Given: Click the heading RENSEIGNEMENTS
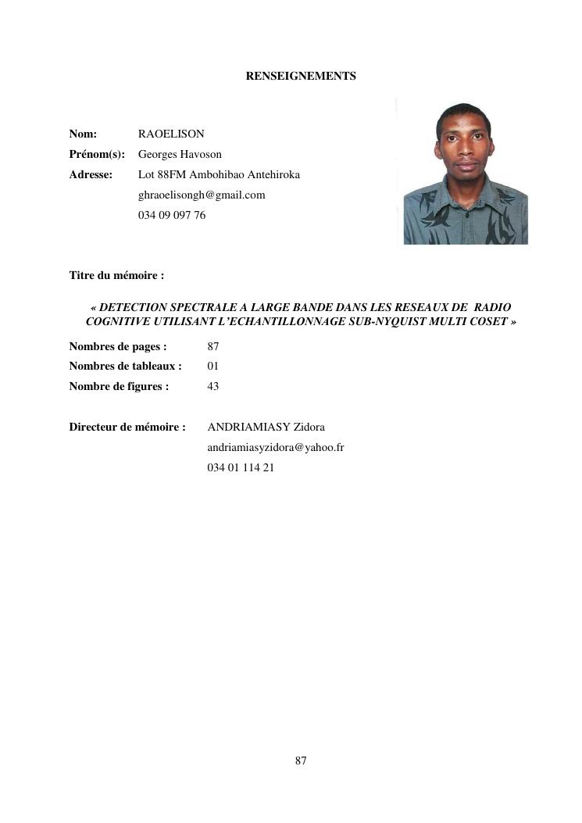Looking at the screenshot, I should click(301, 77).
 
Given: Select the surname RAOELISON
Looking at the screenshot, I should click(171, 134).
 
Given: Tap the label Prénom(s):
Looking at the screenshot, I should click(97, 155).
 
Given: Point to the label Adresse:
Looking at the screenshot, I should click(91, 175).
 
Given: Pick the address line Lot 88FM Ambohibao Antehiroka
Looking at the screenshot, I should click(219, 175).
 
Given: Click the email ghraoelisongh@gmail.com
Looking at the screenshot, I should click(202, 195).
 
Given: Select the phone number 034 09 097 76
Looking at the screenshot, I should click(172, 216).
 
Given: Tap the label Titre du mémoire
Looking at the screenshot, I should click(116, 275).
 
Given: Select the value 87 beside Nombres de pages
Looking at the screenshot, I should click(213, 346).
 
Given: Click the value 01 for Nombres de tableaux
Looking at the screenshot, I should click(213, 366).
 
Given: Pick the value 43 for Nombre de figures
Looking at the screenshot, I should click(213, 386).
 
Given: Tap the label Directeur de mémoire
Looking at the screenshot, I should click(127, 428).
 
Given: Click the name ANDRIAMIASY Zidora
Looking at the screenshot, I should click(266, 428).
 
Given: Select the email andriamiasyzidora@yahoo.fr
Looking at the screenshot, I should click(276, 448).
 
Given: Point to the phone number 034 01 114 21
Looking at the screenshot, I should click(241, 468).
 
